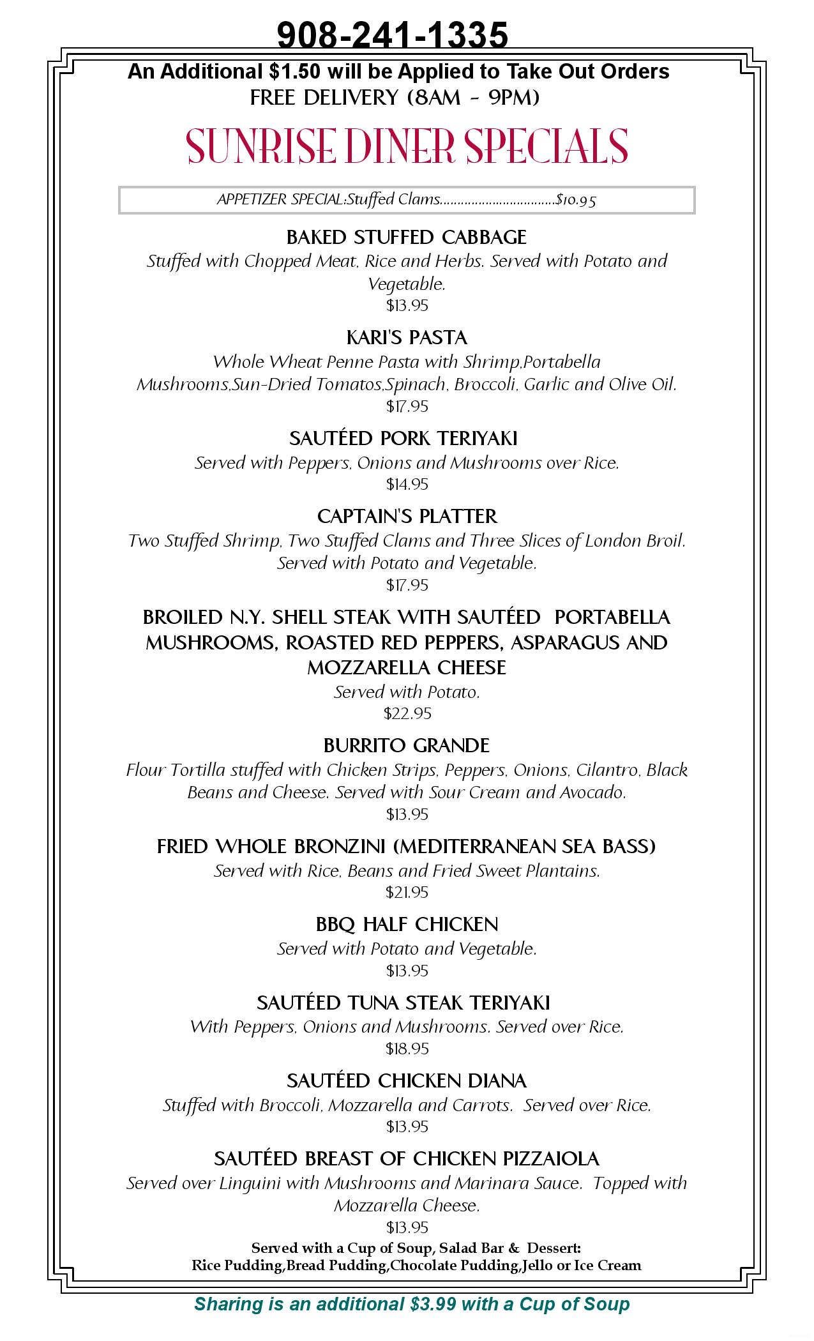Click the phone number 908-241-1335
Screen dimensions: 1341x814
[x=392, y=34]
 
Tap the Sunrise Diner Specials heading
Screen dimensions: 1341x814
[x=407, y=146]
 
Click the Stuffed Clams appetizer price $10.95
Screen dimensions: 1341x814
[x=576, y=200]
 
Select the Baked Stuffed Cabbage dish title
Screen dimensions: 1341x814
[x=407, y=238]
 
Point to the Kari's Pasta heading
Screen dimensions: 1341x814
[x=407, y=338]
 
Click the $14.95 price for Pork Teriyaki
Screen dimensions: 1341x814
[x=407, y=485]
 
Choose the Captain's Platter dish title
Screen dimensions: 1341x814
[x=407, y=516]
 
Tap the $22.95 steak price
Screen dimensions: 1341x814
[x=407, y=713]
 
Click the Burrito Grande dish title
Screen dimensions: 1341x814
[x=407, y=746]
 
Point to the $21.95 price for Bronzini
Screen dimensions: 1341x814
[x=407, y=892]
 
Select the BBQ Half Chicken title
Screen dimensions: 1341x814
[x=407, y=925]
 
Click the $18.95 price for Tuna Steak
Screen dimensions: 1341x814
[x=407, y=1049]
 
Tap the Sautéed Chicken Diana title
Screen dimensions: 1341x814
[x=407, y=1081]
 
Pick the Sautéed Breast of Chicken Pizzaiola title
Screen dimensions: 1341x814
[x=407, y=1159]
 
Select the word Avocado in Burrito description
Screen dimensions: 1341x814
[x=592, y=792]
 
